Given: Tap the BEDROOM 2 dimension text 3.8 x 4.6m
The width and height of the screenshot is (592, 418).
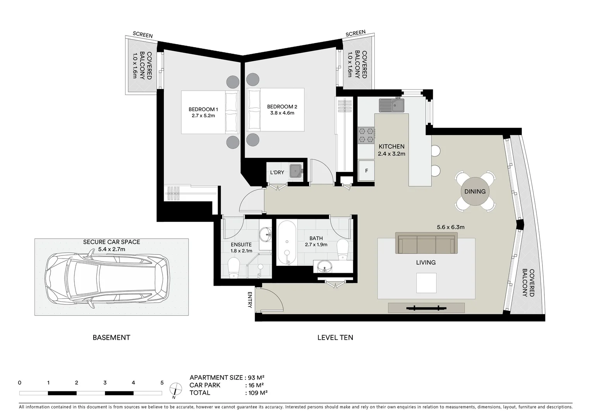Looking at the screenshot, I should pyautogui.click(x=282, y=113).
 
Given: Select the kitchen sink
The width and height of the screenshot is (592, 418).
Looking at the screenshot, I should pyautogui.click(x=391, y=105).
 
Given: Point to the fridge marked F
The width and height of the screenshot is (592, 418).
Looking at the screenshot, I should pyautogui.click(x=366, y=170).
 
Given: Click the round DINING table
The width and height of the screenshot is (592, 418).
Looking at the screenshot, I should pyautogui.click(x=475, y=191).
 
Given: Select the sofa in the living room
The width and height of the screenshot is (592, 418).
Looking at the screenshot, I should pyautogui.click(x=426, y=243).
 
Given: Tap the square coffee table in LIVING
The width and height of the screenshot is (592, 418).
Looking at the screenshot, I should pyautogui.click(x=426, y=283).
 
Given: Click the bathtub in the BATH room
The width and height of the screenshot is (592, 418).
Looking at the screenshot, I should pyautogui.click(x=287, y=243).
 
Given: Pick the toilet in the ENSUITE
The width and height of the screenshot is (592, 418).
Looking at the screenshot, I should pyautogui.click(x=234, y=268).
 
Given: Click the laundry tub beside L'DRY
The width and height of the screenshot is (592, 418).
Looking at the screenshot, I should pyautogui.click(x=297, y=170).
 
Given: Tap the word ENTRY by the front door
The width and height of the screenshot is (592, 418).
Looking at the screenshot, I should pyautogui.click(x=250, y=300).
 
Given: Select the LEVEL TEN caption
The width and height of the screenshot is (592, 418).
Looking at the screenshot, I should pyautogui.click(x=335, y=337).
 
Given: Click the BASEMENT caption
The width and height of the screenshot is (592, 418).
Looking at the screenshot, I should pyautogui.click(x=111, y=337).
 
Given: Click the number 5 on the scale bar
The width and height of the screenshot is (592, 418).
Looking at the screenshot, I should pyautogui.click(x=162, y=383).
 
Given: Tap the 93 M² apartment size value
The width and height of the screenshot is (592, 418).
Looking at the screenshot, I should pyautogui.click(x=256, y=378).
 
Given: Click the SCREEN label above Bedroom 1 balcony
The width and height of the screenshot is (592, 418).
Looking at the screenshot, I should pyautogui.click(x=142, y=35).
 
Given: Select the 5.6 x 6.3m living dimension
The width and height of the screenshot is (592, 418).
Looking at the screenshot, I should pyautogui.click(x=450, y=227).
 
